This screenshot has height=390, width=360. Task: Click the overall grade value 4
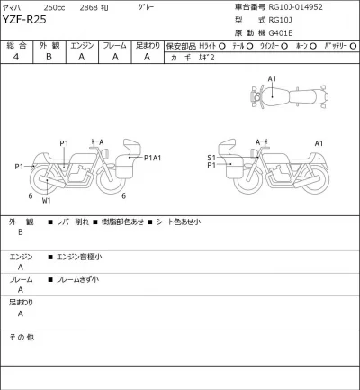(x=16, y=56)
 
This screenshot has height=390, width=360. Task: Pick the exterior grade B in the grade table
(x=48, y=56)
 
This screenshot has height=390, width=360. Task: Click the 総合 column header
(x=16, y=44)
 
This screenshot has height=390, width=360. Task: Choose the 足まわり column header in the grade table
(x=148, y=44)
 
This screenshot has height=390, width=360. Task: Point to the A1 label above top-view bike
(x=272, y=79)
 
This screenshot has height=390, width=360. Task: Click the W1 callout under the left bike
(x=46, y=201)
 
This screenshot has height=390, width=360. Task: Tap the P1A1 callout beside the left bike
(x=152, y=159)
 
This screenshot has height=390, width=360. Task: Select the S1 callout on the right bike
(x=211, y=157)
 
